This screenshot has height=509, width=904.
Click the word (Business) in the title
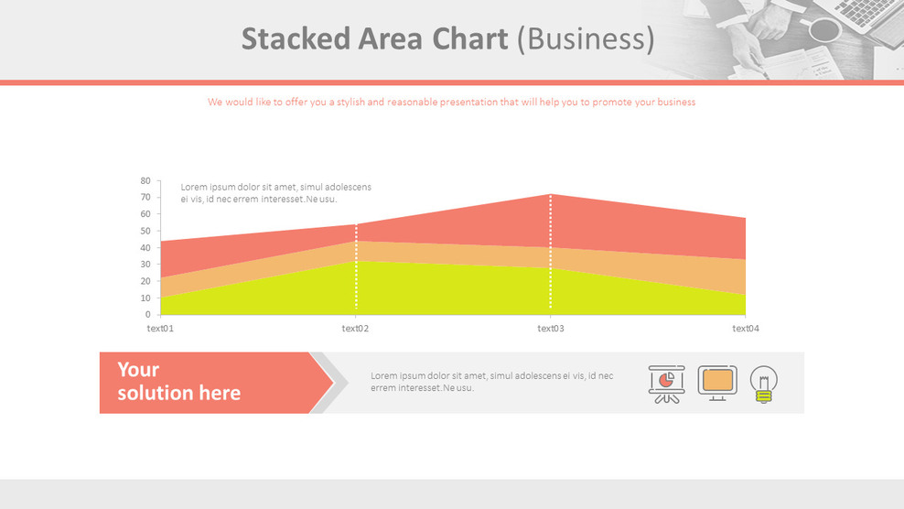[x=586, y=39]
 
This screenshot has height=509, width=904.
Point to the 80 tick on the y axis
[x=145, y=181]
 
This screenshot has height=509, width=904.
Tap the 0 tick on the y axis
[x=148, y=315]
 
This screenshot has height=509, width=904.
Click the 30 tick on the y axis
[x=145, y=265]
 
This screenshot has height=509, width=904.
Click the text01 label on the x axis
[x=160, y=329]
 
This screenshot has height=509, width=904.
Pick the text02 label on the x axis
[x=355, y=329]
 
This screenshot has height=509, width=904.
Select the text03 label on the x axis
[x=550, y=329]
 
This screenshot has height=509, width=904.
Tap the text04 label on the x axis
[x=746, y=329]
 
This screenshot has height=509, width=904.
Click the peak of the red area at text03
[x=550, y=196]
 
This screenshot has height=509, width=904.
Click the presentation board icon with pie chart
[x=666, y=384]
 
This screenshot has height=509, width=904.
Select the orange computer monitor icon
[x=717, y=382]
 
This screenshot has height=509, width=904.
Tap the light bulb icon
[x=764, y=384]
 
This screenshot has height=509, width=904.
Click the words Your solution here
[x=178, y=382]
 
